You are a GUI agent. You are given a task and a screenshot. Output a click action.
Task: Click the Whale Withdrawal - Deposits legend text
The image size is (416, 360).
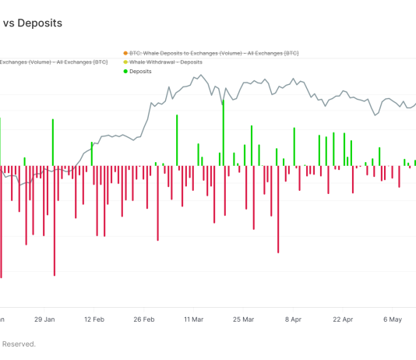coord(166,62)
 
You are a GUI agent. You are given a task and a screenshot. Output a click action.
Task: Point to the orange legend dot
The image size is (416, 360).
coord(125,53)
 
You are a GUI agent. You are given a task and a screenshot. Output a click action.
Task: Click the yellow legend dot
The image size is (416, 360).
coord(125,62)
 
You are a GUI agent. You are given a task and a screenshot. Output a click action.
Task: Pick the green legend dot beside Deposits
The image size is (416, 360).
coord(125,71)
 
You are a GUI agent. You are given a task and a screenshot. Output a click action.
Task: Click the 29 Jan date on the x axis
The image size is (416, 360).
coord(44,319)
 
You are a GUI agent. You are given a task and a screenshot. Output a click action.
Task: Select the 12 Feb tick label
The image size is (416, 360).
coord(94,319)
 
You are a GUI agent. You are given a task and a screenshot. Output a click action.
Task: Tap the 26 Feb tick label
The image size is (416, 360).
coord(144,319)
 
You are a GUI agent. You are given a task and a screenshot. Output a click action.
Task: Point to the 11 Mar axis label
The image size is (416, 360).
coord(194,319)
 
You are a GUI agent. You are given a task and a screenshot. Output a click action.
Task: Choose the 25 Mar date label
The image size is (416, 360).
coord(244,319)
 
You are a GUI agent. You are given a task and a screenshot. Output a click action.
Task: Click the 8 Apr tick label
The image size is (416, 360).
coord(294,319)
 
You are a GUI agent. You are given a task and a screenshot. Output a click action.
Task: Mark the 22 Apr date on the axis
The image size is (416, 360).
coord(344,319)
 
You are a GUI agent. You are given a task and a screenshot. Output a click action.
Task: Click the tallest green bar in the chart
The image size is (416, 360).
coord(224,125)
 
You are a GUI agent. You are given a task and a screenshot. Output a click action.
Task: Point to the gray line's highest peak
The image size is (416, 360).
coord(202,76)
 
